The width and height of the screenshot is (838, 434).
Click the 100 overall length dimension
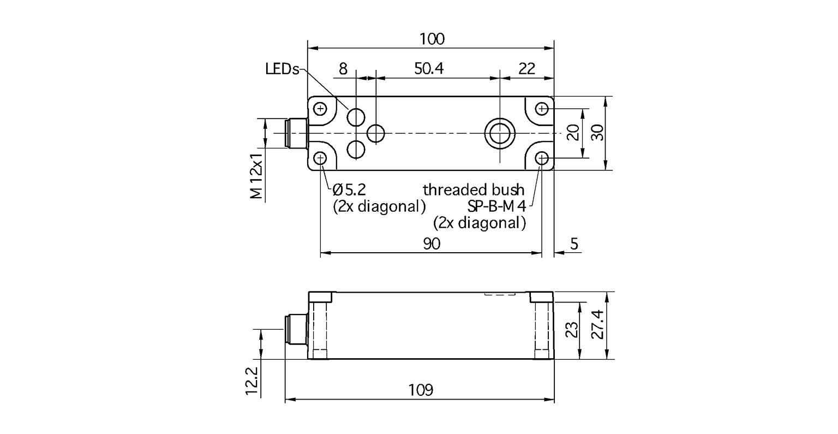[432, 39]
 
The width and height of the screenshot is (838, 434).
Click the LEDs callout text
[282, 69]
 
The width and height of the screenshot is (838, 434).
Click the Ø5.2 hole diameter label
[349, 190]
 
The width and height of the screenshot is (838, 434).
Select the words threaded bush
[474, 190]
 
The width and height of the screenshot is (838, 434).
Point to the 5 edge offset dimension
[574, 244]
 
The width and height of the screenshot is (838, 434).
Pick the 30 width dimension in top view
[599, 133]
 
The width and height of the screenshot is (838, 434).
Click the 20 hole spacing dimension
[572, 133]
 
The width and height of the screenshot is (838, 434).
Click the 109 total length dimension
[420, 390]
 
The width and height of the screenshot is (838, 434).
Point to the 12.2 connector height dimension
[252, 381]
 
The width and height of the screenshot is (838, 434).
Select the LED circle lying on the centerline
[376, 133]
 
